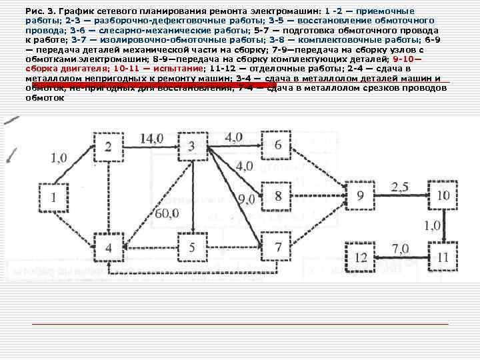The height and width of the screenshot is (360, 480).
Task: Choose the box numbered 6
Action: click(x=278, y=145)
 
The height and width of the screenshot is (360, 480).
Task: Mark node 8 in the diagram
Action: click(x=278, y=195)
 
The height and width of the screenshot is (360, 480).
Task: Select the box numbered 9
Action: click(x=361, y=195)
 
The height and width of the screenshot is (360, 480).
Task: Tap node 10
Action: click(x=443, y=195)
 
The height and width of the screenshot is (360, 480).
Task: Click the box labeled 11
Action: click(x=443, y=257)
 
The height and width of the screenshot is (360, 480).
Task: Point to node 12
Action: click(x=361, y=257)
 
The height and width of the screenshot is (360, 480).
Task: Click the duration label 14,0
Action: click(x=151, y=139)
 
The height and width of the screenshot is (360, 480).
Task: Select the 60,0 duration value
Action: click(x=165, y=213)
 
